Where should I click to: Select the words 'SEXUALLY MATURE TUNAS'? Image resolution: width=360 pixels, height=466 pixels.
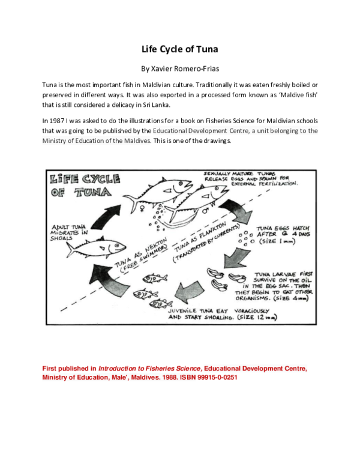[239, 172]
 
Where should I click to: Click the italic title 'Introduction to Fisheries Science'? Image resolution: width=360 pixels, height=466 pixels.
[149, 368]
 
